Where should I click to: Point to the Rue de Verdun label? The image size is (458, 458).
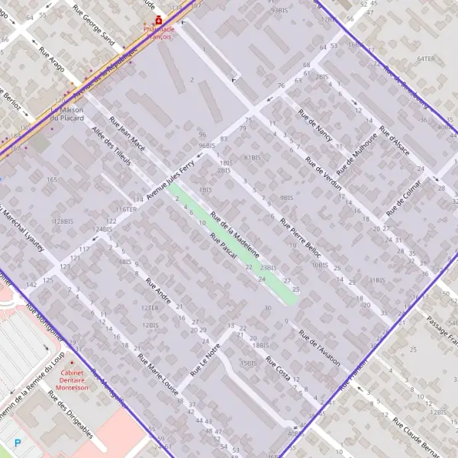(323, 176)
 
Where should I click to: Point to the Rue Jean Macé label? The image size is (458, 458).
(127, 133)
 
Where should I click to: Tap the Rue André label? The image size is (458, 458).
(157, 297)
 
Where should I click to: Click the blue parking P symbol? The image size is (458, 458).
(18, 443)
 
